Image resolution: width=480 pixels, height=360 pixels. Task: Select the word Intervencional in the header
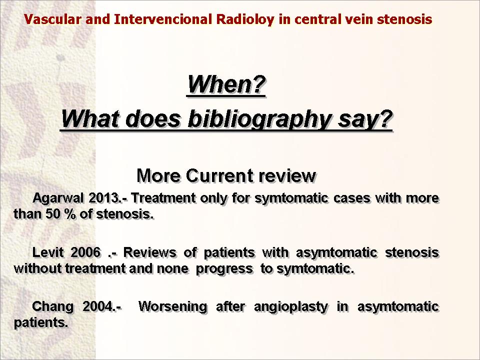coord(163,19)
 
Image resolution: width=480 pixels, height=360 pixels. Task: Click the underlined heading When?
coord(226,84)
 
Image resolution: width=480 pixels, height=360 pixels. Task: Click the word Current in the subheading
coord(219,175)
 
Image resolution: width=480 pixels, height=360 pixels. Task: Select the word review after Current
coord(287,176)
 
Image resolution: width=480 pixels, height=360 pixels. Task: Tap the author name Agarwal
coord(57,198)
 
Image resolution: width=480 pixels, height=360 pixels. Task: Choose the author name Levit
coord(48,252)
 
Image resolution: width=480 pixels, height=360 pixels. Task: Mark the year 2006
coord(85,252)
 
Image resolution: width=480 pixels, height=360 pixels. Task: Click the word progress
coord(224,269)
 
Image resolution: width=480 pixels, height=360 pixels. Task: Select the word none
coord(172,269)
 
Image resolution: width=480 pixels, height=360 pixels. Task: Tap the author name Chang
coord(53,307)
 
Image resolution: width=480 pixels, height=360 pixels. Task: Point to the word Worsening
coord(172,307)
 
